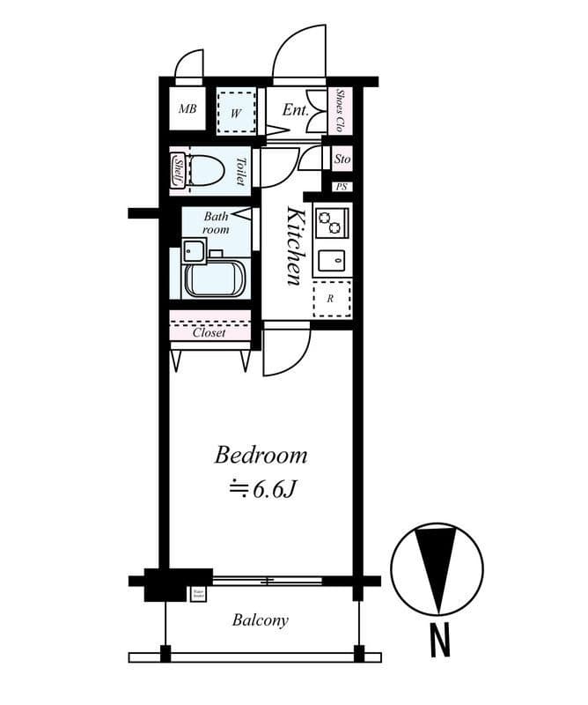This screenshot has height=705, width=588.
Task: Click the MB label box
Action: click(x=187, y=110)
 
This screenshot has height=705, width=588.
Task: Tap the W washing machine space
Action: click(x=236, y=112)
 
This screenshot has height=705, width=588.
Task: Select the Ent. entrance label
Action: click(x=294, y=110)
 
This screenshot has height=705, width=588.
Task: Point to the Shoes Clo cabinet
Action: click(x=340, y=110)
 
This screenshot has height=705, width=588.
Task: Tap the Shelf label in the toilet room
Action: click(x=178, y=169)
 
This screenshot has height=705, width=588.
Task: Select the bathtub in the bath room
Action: click(x=217, y=279)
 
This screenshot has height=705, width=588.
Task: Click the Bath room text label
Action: click(x=217, y=222)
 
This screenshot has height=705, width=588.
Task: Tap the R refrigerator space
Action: click(x=332, y=299)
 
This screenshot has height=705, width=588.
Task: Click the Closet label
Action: click(x=209, y=333)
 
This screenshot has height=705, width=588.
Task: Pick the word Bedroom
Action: click(x=261, y=456)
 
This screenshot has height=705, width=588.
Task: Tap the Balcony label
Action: click(x=260, y=620)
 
